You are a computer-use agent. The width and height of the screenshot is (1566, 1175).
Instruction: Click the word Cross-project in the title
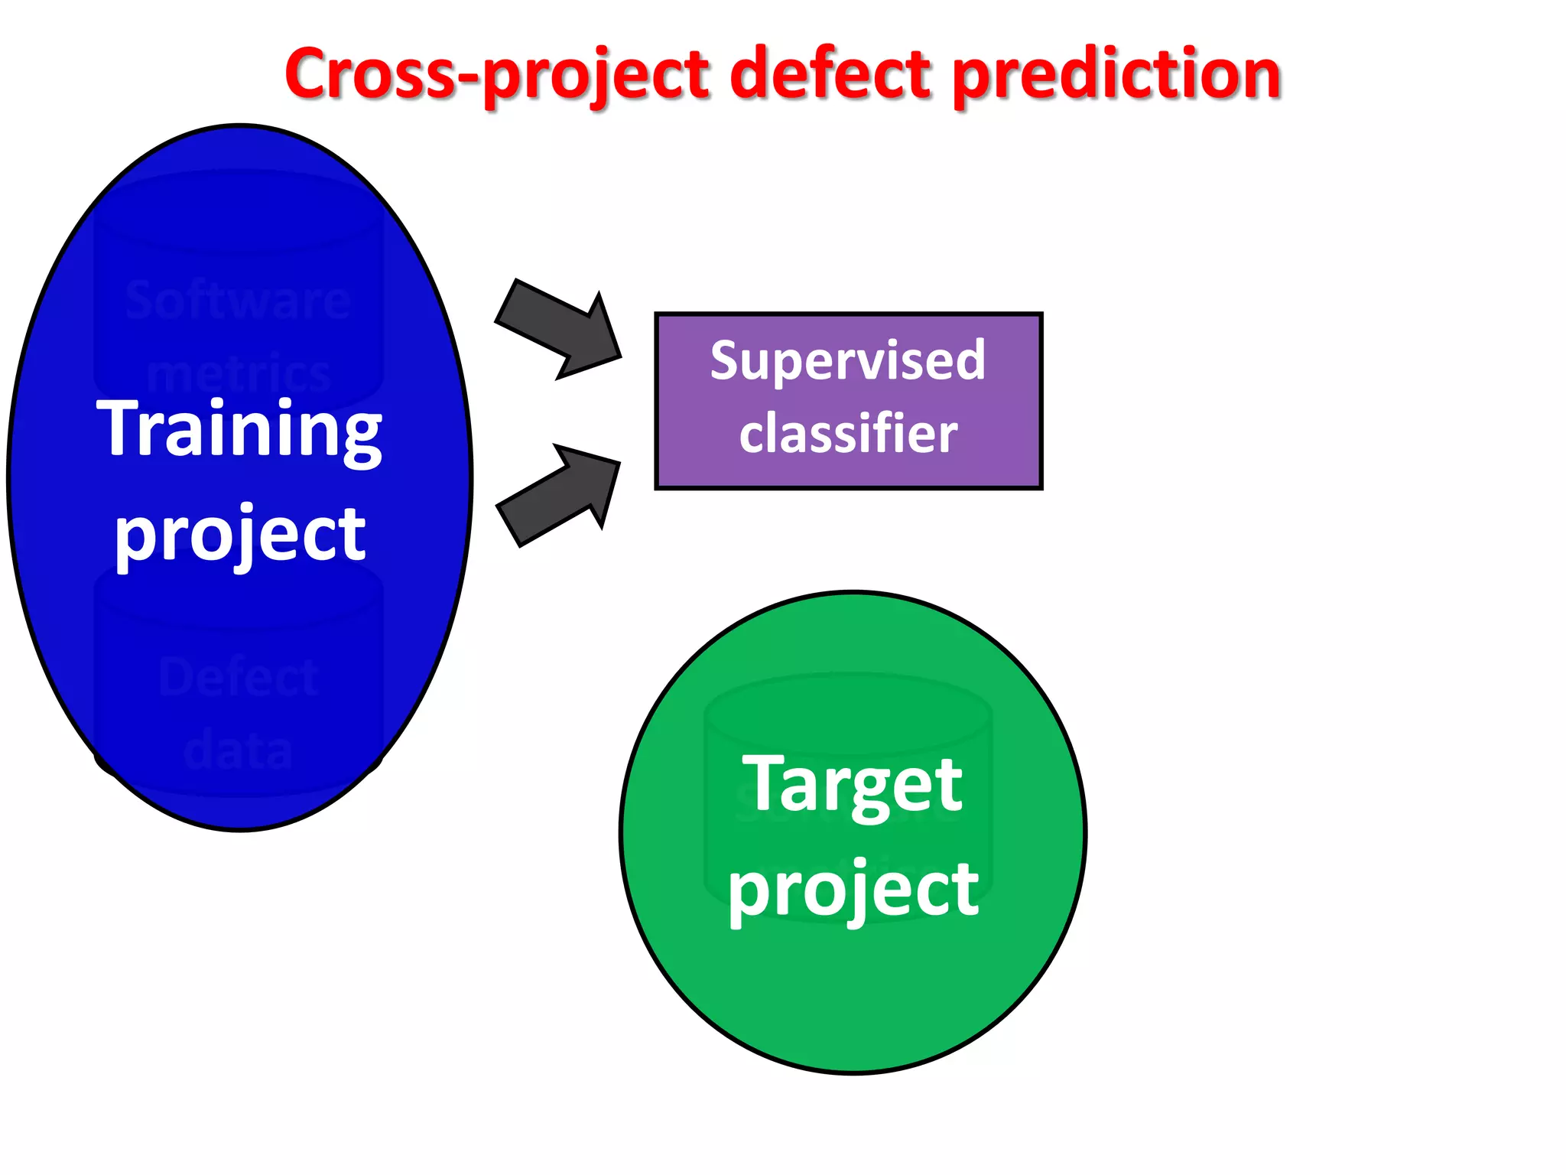[497, 75]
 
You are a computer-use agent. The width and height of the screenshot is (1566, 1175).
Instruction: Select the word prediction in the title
[1117, 75]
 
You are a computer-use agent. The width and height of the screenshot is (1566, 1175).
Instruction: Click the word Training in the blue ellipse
[239, 430]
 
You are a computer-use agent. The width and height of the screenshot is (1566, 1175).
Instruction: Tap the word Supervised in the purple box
[848, 360]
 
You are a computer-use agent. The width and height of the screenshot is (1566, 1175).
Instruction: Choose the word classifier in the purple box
[848, 433]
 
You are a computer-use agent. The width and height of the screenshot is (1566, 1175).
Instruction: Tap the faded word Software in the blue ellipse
[239, 300]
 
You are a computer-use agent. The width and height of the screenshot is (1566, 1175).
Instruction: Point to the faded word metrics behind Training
[239, 375]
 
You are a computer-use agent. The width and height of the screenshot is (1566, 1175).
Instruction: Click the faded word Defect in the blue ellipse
[239, 677]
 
